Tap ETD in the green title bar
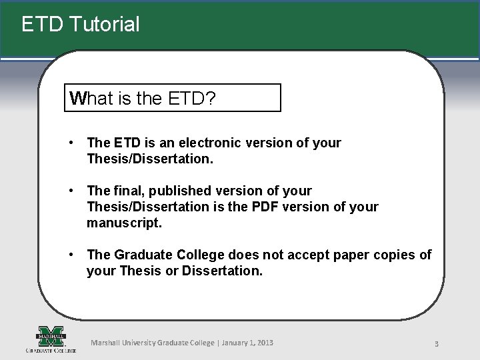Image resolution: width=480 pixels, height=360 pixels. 42,25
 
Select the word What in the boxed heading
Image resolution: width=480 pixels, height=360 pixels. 92,99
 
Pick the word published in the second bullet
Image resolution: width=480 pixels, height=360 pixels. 178,191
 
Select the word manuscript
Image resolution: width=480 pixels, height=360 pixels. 124,223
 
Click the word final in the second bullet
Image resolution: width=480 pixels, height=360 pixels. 129,191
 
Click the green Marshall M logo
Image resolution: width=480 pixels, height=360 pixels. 51,335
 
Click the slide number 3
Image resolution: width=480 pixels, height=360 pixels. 435,344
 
